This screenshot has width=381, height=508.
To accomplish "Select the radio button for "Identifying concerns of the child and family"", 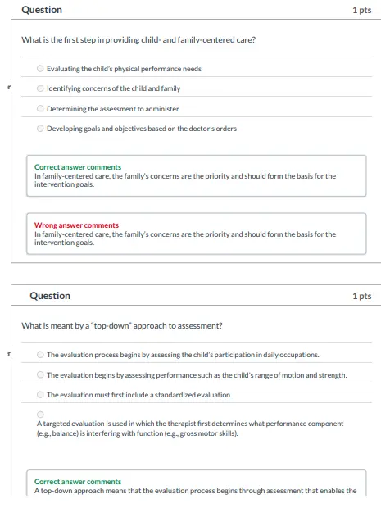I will click(41, 88).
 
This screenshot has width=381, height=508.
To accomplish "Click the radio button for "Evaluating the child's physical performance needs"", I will click(41, 69).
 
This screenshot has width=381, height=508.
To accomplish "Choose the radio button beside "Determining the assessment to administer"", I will click(41, 108).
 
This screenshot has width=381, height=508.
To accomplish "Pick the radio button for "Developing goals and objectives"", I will click(41, 129).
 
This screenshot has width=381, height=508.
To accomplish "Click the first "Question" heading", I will click(42, 10).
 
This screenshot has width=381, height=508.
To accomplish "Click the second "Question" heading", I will click(50, 296).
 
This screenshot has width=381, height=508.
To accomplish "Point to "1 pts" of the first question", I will click(361, 10).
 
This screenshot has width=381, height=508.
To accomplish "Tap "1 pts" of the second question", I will click(361, 296).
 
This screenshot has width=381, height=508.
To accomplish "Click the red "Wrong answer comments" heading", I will click(76, 225).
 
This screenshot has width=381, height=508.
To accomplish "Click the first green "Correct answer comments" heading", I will click(78, 167).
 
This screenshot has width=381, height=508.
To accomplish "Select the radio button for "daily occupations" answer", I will click(41, 355).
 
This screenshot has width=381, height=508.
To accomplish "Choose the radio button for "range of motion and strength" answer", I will click(41, 374).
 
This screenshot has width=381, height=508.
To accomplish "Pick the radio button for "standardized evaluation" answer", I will click(41, 395).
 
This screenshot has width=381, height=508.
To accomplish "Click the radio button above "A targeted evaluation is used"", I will click(40, 415).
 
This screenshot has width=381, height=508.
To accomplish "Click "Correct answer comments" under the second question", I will click(78, 482).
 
